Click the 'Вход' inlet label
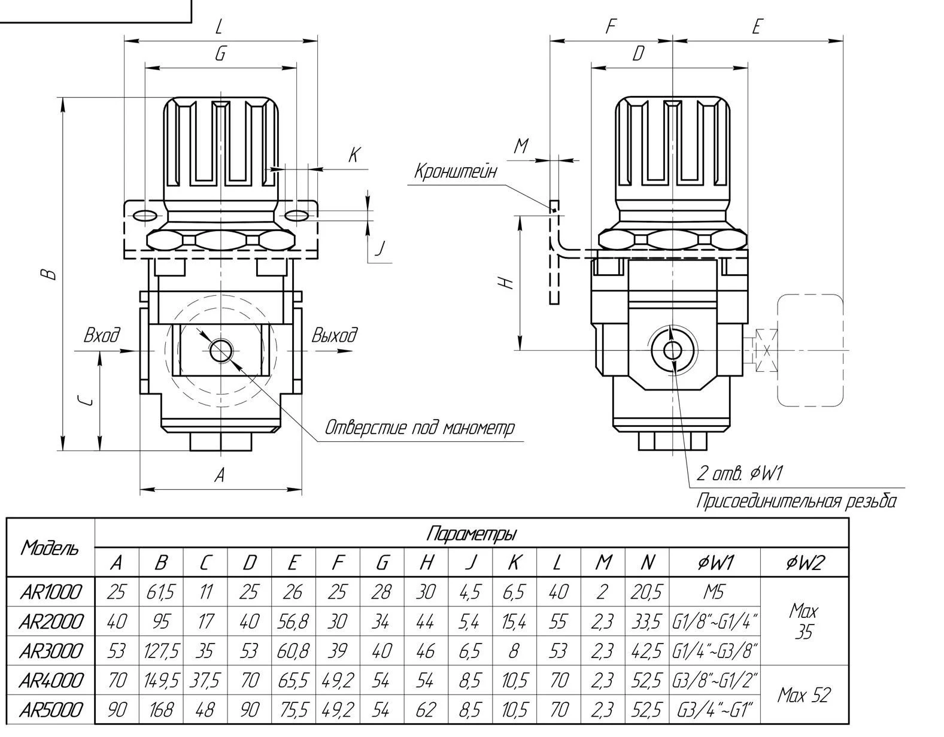point(102,335)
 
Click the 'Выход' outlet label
point(334,335)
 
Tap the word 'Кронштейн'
point(456,171)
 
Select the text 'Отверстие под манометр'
point(419,427)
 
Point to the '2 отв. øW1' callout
point(739,474)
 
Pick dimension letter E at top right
point(757,27)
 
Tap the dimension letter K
point(354,156)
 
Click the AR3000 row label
point(50,650)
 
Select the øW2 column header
point(804,562)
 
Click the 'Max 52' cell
point(804,695)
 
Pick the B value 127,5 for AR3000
point(161,651)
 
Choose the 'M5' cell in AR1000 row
point(714,592)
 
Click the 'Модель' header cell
point(50,547)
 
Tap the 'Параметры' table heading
point(472,533)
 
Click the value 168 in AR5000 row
point(161,710)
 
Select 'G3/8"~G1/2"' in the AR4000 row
point(715,680)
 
